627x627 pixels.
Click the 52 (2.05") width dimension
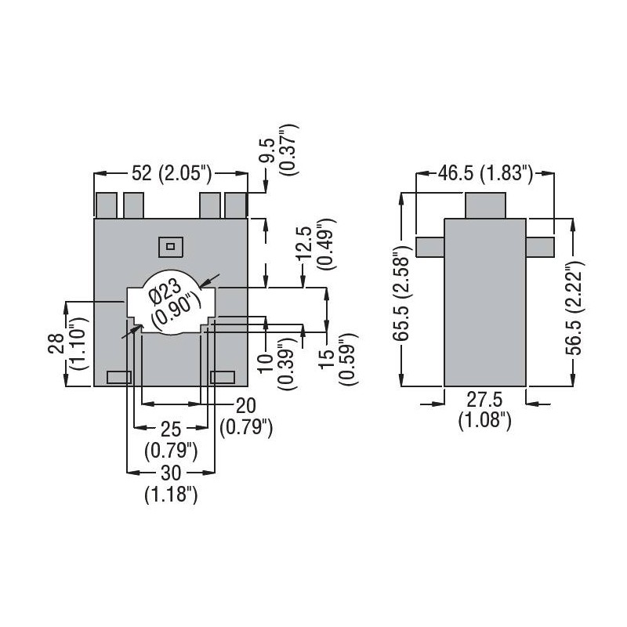pyautogui.click(x=171, y=174)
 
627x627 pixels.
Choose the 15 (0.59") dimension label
pyautogui.click(x=337, y=359)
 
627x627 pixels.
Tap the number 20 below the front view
pyautogui.click(x=246, y=404)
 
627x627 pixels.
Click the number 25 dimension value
pyautogui.click(x=171, y=429)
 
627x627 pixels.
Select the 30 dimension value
pyautogui.click(x=171, y=473)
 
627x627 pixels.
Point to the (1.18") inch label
pyautogui.click(x=171, y=495)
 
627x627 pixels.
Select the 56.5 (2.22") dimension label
pyautogui.click(x=579, y=309)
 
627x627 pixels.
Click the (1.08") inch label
pyautogui.click(x=484, y=422)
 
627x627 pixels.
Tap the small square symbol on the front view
pyautogui.click(x=170, y=246)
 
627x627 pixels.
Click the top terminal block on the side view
pyautogui.click(x=484, y=205)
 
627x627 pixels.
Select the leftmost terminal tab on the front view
pyautogui.click(x=106, y=205)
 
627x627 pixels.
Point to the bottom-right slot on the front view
pyautogui.click(x=223, y=377)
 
